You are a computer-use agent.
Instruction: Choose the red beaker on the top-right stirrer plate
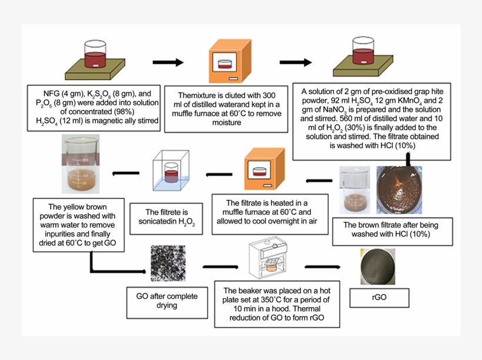tap(364, 52)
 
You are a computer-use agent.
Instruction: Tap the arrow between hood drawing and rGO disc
tap(325, 270)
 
